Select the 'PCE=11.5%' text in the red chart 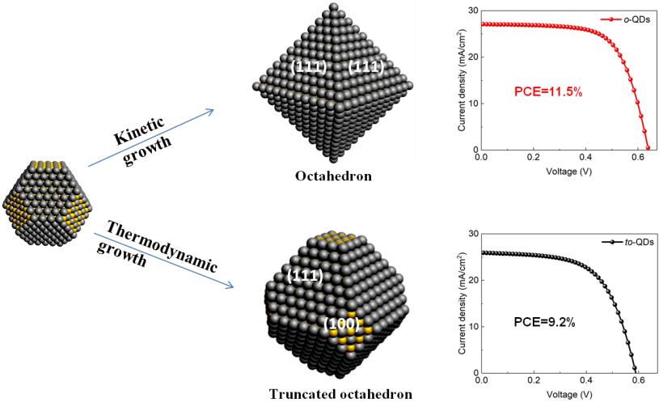pyautogui.click(x=546, y=91)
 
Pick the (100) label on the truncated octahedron pyautogui.click(x=340, y=324)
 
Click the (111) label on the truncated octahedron pyautogui.click(x=306, y=277)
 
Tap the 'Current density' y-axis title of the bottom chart pyautogui.click(x=458, y=303)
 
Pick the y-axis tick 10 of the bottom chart pyautogui.click(x=472, y=326)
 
